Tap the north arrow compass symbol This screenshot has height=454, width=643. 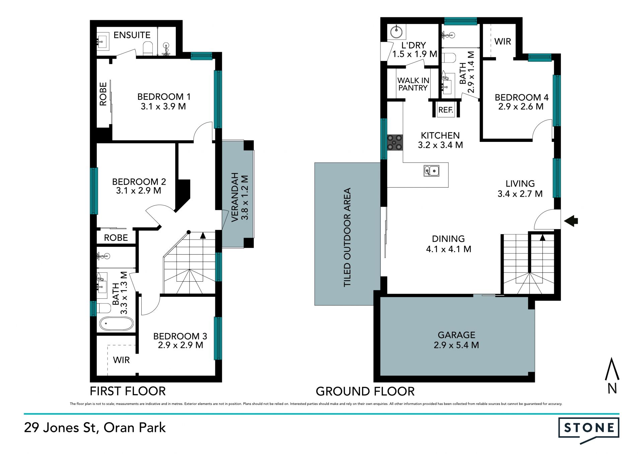(612, 375)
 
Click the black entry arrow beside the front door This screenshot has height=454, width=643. (571, 221)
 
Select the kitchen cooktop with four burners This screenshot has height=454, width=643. (395, 142)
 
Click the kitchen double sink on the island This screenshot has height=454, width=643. (431, 171)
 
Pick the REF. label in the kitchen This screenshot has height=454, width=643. (446, 110)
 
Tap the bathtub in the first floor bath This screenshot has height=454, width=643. (116, 324)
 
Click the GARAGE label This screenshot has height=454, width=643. (456, 335)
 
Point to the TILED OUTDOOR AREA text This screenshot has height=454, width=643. (347, 237)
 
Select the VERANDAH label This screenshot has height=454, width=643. (235, 197)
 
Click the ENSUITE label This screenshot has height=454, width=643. (132, 35)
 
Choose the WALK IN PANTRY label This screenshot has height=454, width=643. (413, 84)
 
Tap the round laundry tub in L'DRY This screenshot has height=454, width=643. (396, 32)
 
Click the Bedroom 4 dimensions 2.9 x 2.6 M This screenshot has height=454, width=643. (521, 107)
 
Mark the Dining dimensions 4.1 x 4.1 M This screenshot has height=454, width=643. (448, 249)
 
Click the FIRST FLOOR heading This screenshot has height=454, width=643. (128, 391)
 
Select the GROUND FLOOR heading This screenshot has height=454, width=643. (365, 391)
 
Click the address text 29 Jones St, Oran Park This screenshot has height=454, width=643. (95, 428)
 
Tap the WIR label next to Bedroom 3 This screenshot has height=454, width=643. (121, 360)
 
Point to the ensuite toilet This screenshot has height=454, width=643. (148, 49)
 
